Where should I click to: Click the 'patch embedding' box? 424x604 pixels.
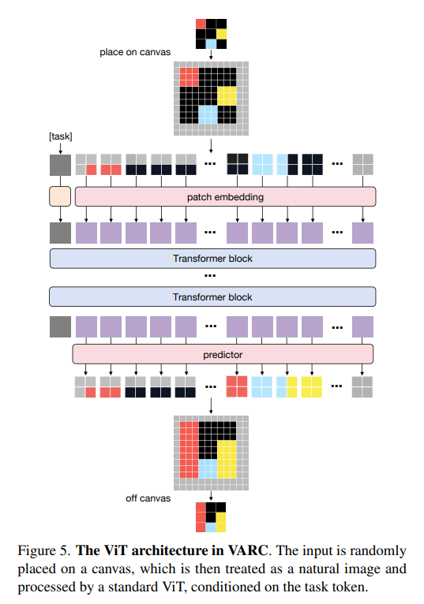pyautogui.click(x=225, y=197)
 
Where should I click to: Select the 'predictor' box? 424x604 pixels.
pyautogui.click(x=223, y=354)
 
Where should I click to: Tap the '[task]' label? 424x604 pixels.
pyautogui.click(x=60, y=136)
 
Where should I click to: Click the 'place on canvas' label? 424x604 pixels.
pyautogui.click(x=135, y=52)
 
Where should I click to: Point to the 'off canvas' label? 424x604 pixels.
pyautogui.click(x=148, y=498)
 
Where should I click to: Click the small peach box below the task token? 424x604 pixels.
pyautogui.click(x=60, y=196)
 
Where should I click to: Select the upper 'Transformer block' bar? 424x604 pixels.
pyautogui.click(x=212, y=259)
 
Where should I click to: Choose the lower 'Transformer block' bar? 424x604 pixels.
pyautogui.click(x=212, y=296)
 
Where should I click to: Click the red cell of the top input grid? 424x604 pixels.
pyautogui.click(x=201, y=24)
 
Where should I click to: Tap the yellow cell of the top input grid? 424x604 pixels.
pyautogui.click(x=221, y=34)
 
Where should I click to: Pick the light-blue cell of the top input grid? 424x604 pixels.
pyautogui.click(x=211, y=44)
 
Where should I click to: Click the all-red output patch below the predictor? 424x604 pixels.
pyautogui.click(x=237, y=386)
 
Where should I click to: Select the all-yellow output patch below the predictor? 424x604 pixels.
pyautogui.click(x=312, y=386)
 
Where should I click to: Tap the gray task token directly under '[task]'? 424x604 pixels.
pyautogui.click(x=60, y=166)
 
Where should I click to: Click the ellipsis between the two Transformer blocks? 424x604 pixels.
pyautogui.click(x=210, y=276)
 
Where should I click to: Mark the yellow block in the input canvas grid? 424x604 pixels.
pyautogui.click(x=227, y=96)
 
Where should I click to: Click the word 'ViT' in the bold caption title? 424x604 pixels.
pyautogui.click(x=116, y=550)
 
